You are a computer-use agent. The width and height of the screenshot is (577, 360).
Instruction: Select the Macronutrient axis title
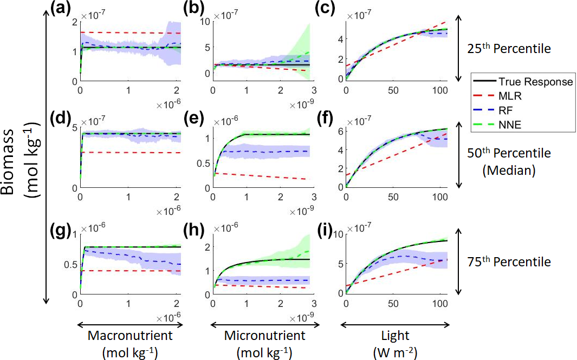[x=130, y=336]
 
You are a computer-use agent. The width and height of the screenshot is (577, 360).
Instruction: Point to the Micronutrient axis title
[x=263, y=336]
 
